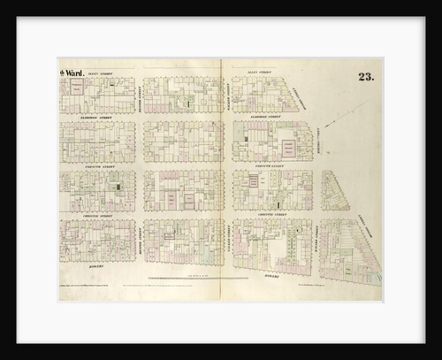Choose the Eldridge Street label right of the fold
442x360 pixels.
tap(263, 116)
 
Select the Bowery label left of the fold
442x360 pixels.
tap(95, 264)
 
